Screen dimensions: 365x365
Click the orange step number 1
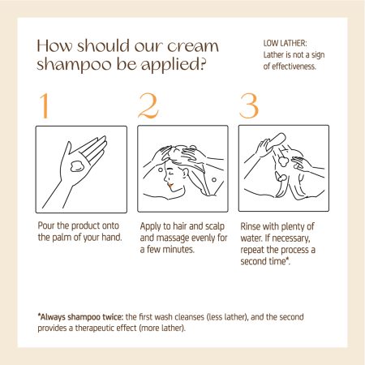click(45, 105)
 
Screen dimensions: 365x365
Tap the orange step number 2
click(148, 105)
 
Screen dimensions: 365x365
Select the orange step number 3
click(249, 106)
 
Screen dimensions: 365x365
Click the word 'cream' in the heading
click(193, 46)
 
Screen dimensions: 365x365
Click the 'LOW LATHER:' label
click(285, 43)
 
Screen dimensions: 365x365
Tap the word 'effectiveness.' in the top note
click(294, 67)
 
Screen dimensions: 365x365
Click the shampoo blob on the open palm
click(77, 166)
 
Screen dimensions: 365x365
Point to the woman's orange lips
click(170, 186)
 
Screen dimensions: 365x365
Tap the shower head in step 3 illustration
click(277, 141)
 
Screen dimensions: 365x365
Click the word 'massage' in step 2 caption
click(173, 238)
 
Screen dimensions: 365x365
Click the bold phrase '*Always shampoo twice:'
click(80, 316)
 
